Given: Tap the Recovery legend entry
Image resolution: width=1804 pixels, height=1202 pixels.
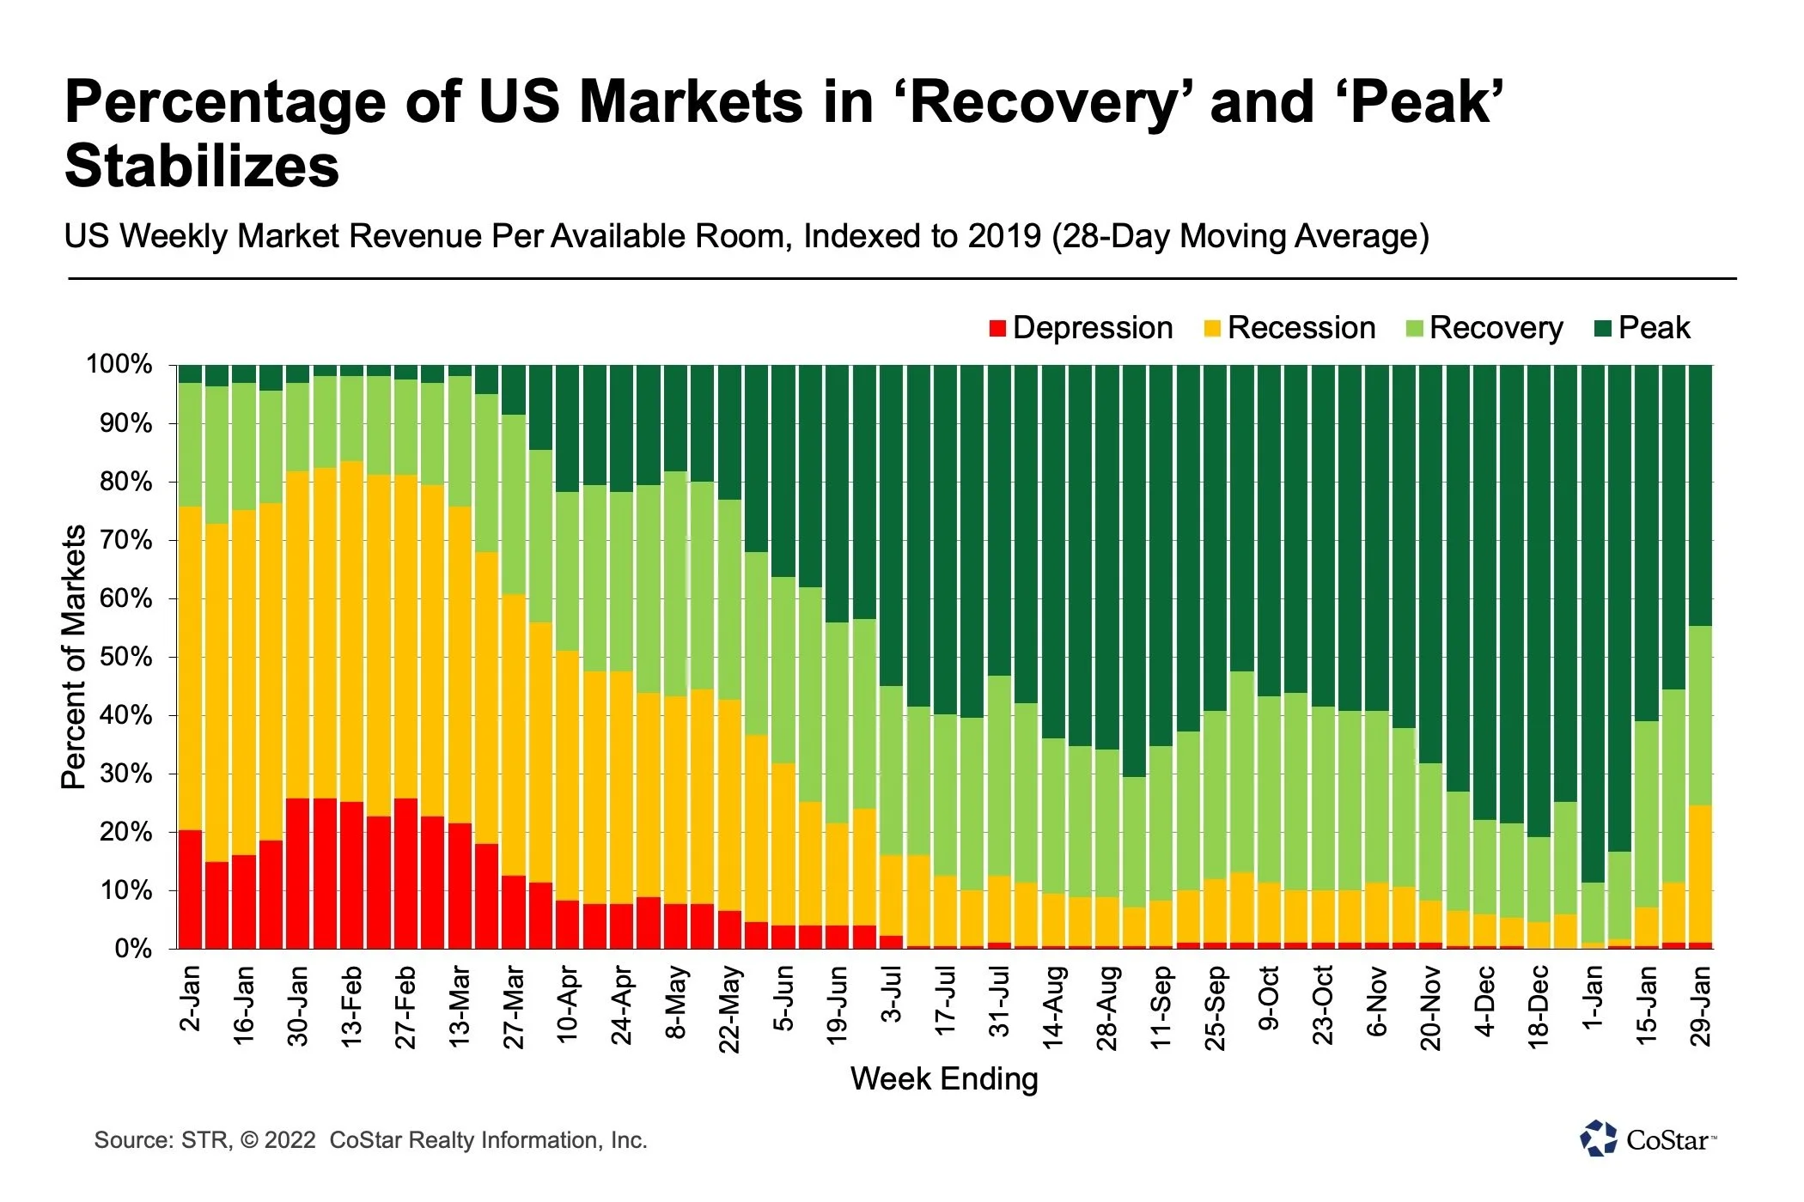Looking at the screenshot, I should tap(1485, 328).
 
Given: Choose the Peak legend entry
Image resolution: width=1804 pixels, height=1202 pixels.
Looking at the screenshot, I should tap(1643, 328).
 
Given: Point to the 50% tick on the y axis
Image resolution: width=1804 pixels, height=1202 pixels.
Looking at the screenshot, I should tap(122, 658).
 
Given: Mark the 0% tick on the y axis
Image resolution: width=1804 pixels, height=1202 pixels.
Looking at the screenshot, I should tap(132, 950).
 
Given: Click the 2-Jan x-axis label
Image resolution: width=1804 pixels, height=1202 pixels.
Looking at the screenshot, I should tap(191, 998).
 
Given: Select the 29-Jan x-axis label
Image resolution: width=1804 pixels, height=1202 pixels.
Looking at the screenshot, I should tap(1700, 1005).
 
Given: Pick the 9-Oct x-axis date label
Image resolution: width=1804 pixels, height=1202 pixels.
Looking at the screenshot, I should tap(1269, 998).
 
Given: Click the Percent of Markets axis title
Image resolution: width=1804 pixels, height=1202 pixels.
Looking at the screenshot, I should tap(74, 657).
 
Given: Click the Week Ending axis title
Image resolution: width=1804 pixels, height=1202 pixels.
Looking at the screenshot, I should tap(944, 1079).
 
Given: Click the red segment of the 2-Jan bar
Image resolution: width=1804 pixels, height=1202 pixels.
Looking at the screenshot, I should tap(191, 889).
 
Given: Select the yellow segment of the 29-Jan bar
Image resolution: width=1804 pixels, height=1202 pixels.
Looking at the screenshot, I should tap(1700, 874).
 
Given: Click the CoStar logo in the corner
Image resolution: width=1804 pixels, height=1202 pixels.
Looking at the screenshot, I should tap(1648, 1139).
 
